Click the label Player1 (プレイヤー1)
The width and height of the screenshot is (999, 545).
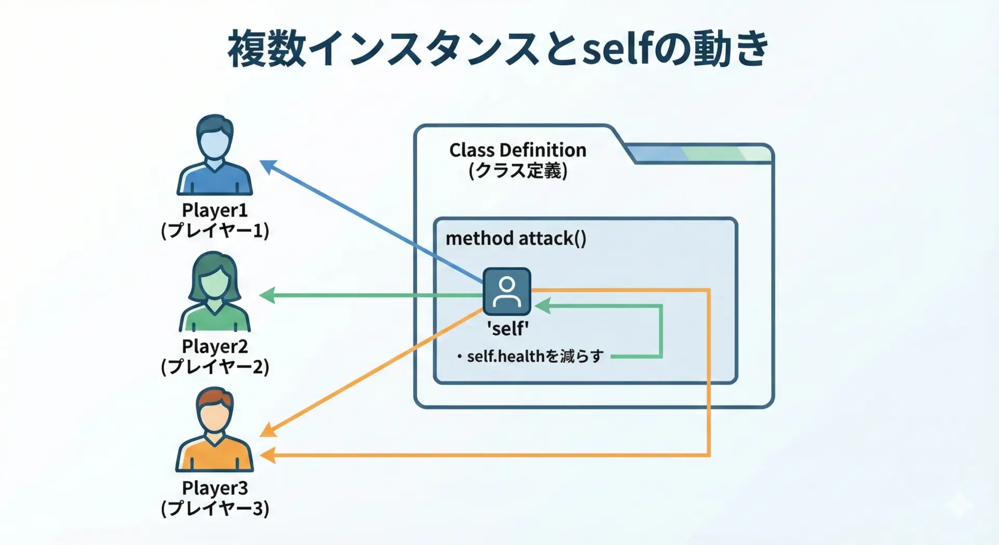215,220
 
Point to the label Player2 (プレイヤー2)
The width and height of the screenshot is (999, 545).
215,356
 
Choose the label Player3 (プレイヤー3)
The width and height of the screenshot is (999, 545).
215,498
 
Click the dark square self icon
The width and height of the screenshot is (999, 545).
507,291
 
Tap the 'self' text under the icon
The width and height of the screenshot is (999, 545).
508,328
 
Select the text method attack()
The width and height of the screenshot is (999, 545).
516,238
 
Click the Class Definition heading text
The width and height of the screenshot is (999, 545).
518,150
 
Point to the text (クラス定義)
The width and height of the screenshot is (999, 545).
518,171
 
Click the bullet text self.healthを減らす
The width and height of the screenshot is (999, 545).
535,356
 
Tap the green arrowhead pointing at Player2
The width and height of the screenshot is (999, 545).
267,296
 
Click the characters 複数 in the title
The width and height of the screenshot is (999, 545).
267,48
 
